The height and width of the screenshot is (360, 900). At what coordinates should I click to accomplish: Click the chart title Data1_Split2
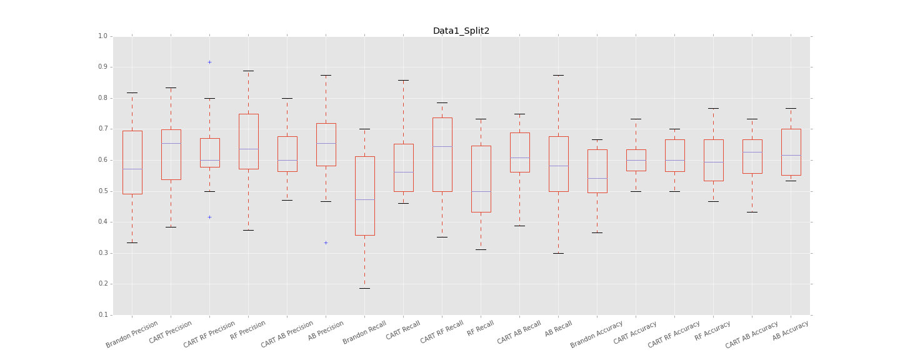(461, 31)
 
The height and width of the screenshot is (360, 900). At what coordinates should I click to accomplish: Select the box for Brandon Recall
(364, 196)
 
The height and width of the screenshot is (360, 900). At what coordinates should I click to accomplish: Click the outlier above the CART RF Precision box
(209, 62)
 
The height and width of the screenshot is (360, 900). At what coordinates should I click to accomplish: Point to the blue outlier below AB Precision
(326, 242)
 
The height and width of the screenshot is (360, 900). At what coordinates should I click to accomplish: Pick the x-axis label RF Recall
(481, 328)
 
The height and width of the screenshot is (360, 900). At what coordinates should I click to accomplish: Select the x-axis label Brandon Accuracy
(597, 334)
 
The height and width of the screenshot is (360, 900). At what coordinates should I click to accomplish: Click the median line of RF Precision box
(248, 149)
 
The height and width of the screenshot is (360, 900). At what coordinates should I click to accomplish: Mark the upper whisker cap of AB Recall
(558, 75)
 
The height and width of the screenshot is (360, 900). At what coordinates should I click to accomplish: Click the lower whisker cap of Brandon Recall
(364, 288)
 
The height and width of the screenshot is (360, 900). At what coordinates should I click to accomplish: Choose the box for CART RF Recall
(442, 154)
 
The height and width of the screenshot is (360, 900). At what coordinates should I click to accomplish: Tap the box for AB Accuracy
(791, 152)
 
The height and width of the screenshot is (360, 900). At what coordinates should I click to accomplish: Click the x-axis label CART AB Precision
(287, 334)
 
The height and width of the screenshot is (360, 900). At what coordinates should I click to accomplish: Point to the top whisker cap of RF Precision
(248, 71)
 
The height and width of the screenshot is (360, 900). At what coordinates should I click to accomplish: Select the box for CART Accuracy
(636, 160)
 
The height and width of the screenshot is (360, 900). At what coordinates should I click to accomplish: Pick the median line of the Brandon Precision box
(132, 169)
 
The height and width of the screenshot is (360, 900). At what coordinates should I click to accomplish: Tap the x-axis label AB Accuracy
(791, 330)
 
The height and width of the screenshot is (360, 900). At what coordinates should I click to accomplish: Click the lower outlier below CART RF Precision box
(209, 217)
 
